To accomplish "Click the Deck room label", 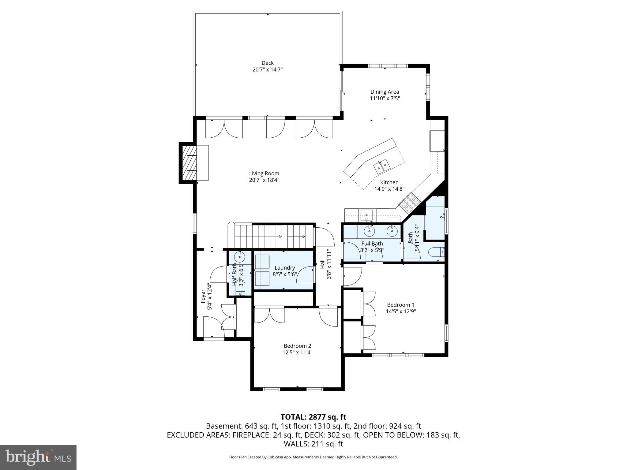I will pyautogui.click(x=267, y=63).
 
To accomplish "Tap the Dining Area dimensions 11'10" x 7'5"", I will pyautogui.click(x=385, y=99).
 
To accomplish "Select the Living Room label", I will pyautogui.click(x=264, y=173).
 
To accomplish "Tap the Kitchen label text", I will pyautogui.click(x=389, y=182).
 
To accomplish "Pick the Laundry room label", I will pyautogui.click(x=284, y=268).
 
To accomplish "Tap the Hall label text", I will pyautogui.click(x=322, y=264).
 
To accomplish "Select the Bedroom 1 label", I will pyautogui.click(x=400, y=305).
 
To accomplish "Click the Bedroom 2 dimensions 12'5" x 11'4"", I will pyautogui.click(x=297, y=352).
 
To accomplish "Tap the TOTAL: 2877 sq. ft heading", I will pyautogui.click(x=313, y=417).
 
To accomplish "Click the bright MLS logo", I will pyautogui.click(x=38, y=457).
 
